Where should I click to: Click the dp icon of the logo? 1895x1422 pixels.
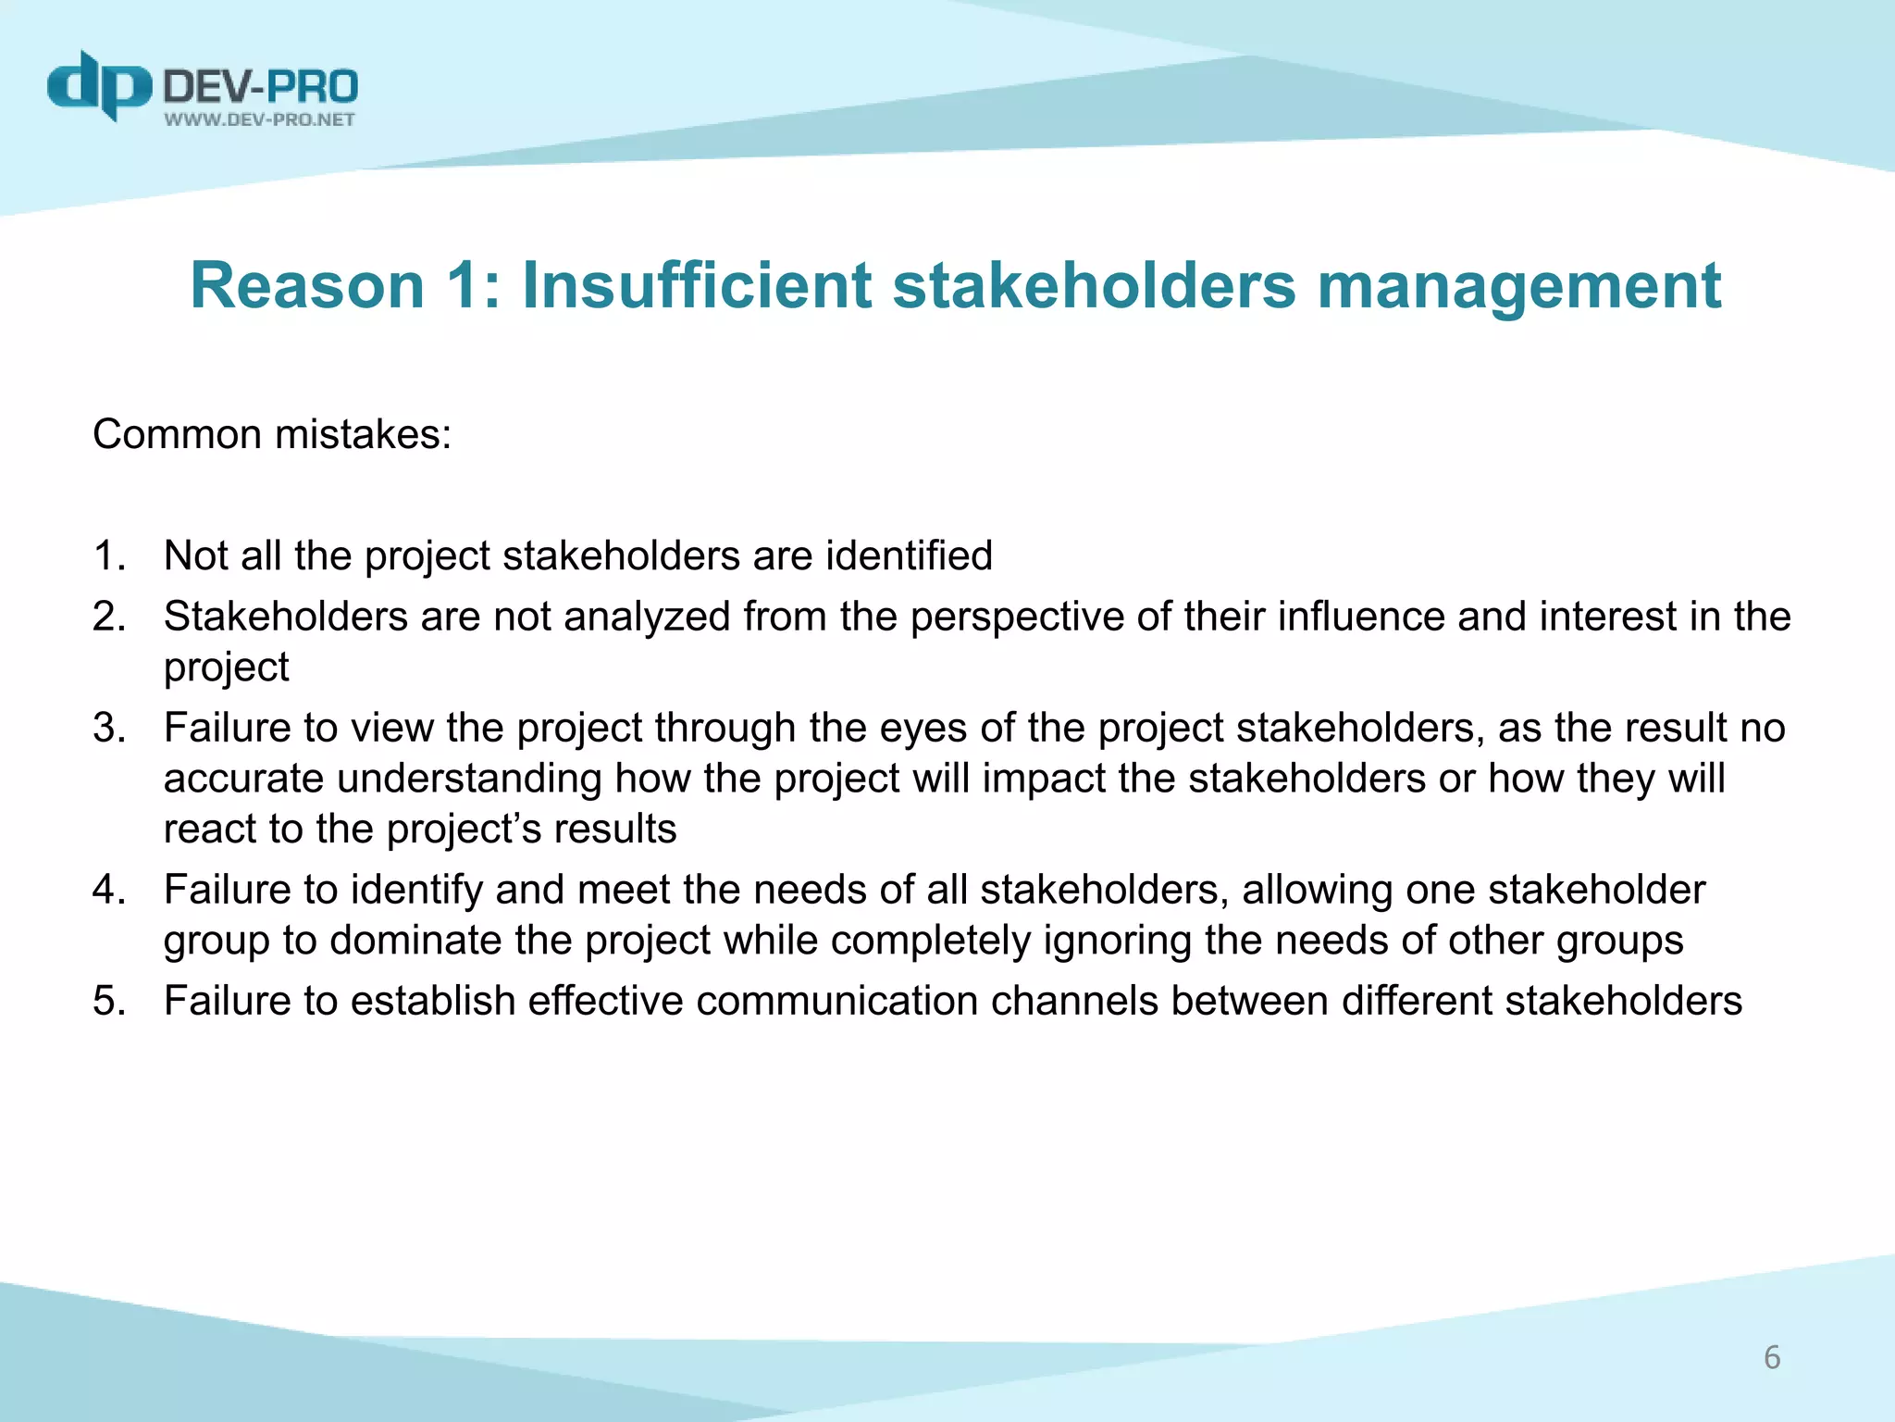99,85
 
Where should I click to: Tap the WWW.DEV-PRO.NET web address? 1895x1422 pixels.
259,119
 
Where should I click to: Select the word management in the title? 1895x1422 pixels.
1518,286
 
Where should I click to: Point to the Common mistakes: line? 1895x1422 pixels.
272,434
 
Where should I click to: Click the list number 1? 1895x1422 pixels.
108,555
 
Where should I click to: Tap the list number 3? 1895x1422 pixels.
108,728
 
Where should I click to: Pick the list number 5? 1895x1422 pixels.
108,1001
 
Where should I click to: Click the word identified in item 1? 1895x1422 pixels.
909,555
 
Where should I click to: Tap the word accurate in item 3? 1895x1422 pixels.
243,779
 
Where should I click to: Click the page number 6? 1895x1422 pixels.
1772,1357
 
